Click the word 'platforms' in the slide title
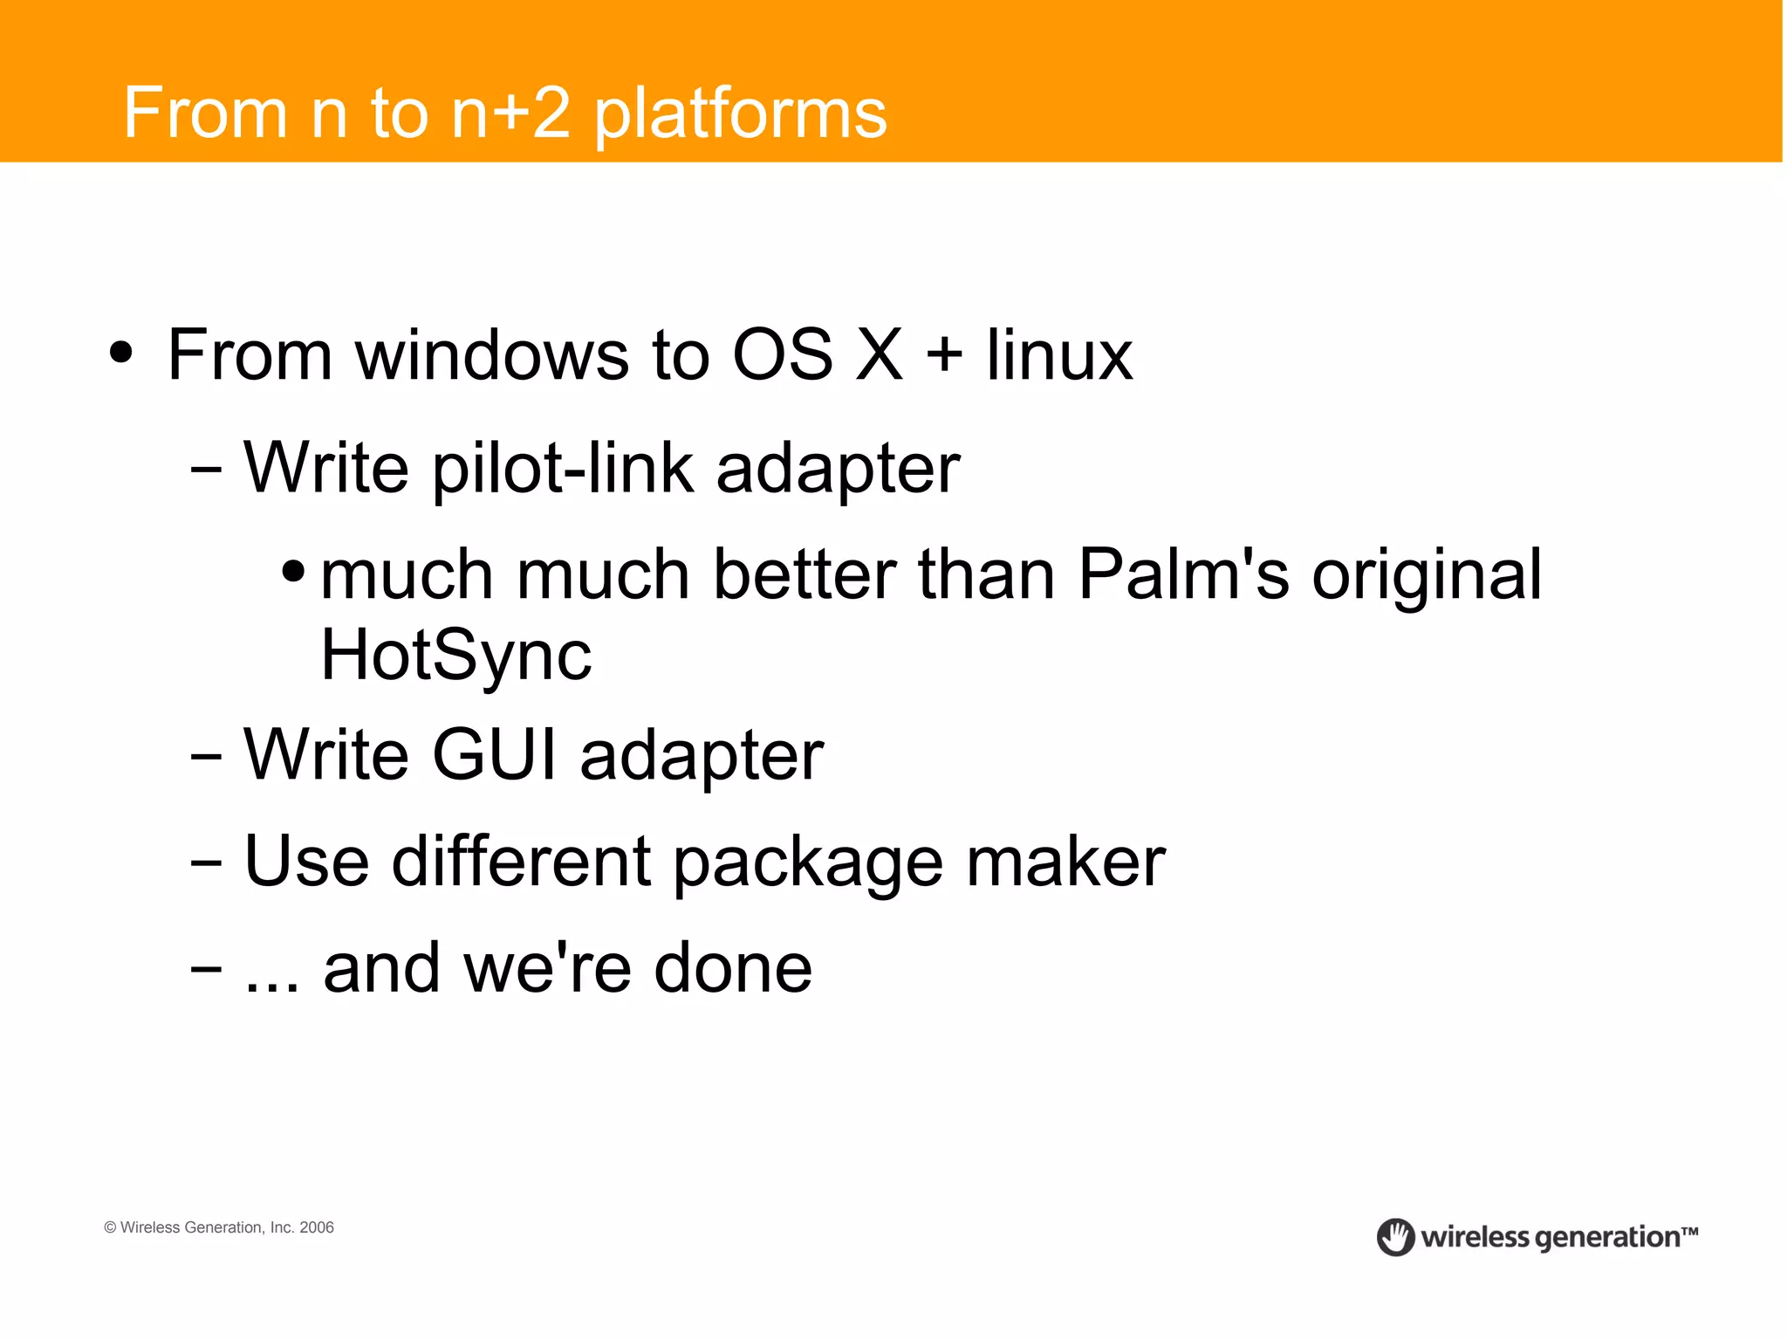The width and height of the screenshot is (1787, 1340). [x=740, y=114]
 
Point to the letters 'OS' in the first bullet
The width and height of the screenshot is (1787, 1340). [x=782, y=355]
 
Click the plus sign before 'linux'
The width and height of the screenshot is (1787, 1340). [x=944, y=357]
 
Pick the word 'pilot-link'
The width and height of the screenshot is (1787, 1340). [x=563, y=469]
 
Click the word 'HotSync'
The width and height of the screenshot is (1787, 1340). [x=456, y=656]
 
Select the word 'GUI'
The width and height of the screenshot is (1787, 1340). [x=494, y=754]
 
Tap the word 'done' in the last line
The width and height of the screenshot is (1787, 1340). [x=733, y=968]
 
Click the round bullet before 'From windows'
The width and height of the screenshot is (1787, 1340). [x=121, y=354]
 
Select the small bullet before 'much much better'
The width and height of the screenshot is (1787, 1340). [x=293, y=573]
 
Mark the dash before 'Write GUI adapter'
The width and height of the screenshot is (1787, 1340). [x=206, y=757]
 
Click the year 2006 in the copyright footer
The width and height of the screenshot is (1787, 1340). [x=317, y=1227]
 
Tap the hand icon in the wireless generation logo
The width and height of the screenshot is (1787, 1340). [x=1395, y=1237]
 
